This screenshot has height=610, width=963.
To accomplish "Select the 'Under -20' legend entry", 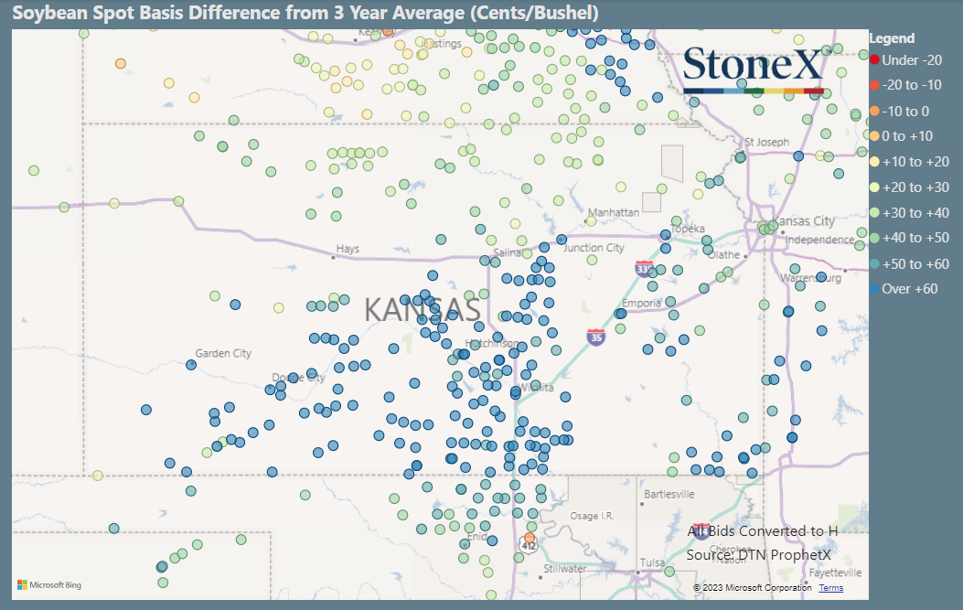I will pos(906,60).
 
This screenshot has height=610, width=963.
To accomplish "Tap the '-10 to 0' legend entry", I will pos(905,111).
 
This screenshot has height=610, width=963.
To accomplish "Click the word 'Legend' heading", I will pos(892,38).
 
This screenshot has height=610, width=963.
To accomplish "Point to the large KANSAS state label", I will pos(423,310).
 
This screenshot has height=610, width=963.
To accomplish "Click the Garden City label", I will pos(223,353).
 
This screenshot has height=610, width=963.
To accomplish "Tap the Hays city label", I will pos(348,249).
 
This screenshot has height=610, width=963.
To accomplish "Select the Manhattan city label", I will pos(614,212).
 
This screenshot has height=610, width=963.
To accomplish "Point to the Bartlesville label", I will pos(670,494).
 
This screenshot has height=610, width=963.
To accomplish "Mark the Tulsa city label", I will pos(652,562).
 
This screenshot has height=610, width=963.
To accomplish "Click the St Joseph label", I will pos(766,142).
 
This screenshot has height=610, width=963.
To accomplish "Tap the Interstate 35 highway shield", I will pos(595,337).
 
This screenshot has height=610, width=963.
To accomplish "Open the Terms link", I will pos(830,587).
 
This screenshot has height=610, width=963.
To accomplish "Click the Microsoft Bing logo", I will pos(47,583).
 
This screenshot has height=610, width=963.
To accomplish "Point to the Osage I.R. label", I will pos(591,516).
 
